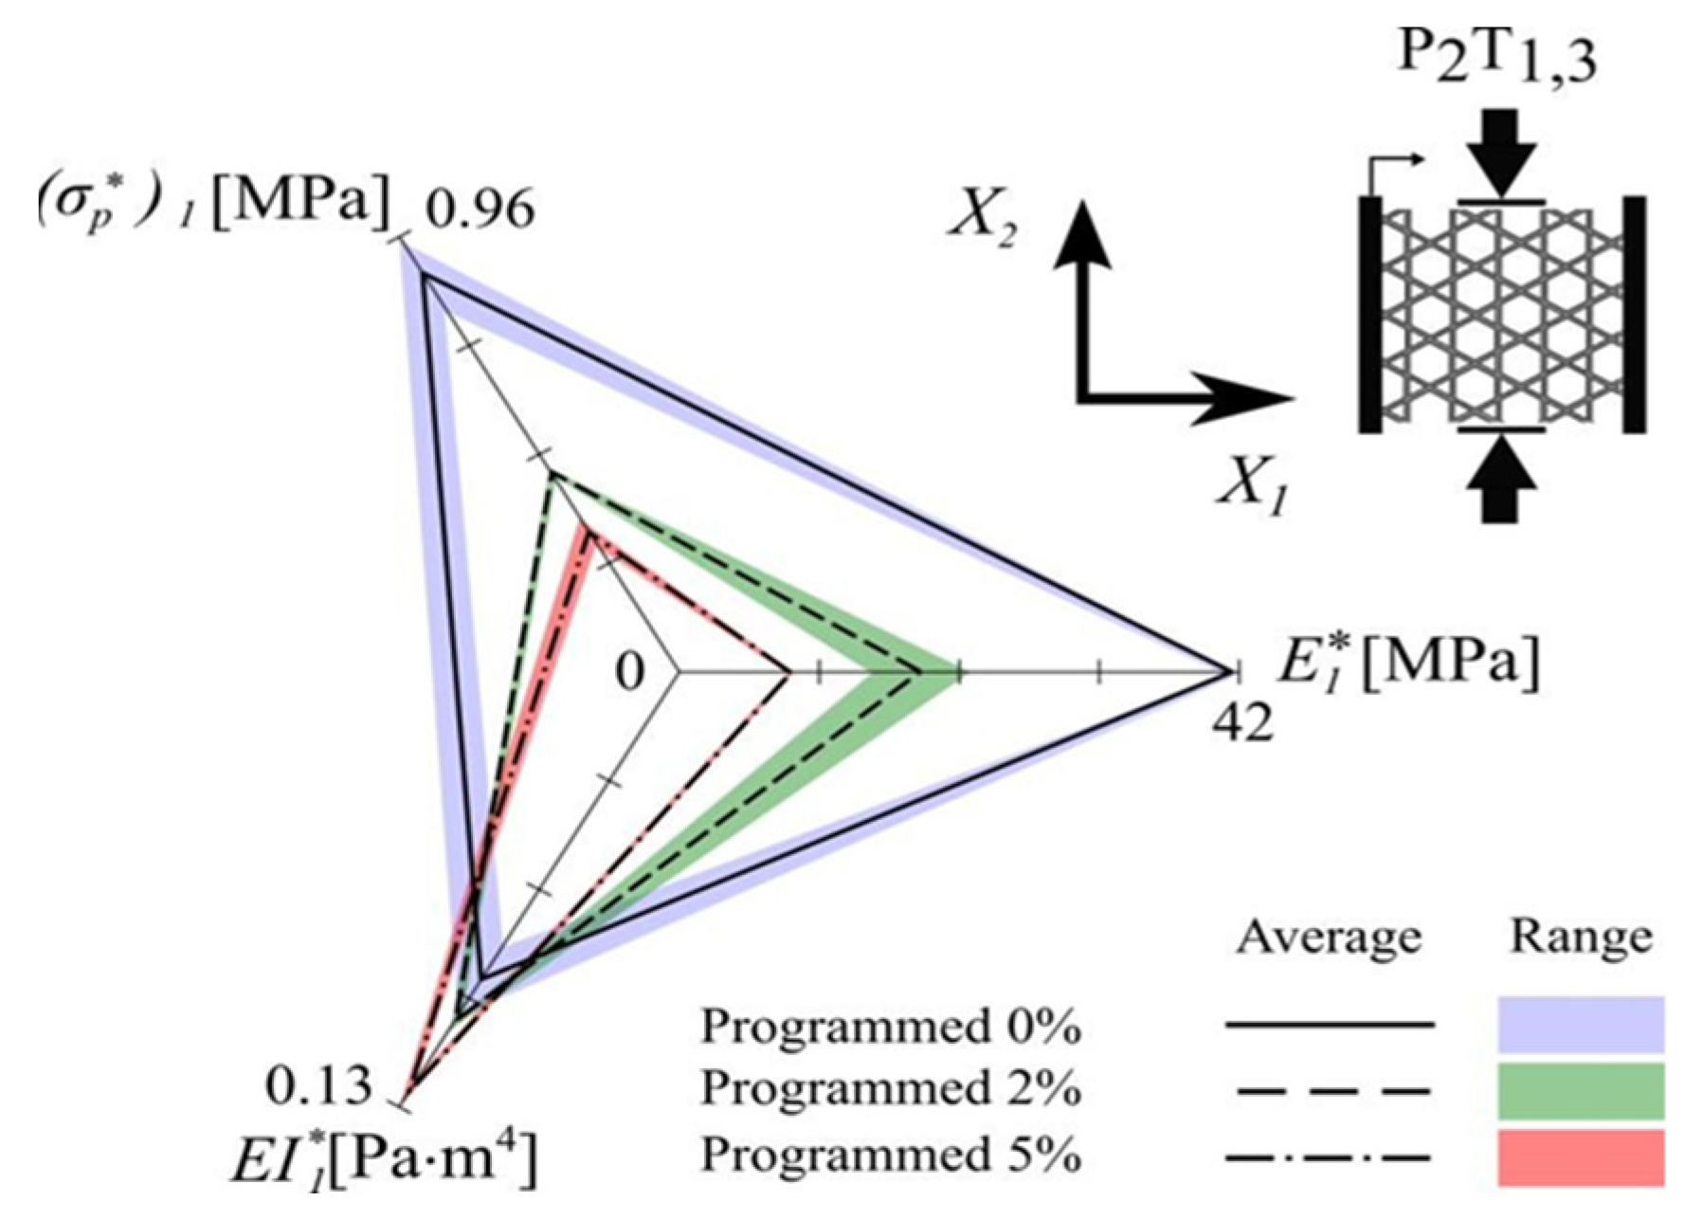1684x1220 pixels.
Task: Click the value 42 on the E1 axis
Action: [1241, 725]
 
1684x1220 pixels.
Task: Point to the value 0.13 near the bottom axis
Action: [318, 1086]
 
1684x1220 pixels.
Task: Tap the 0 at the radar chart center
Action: [630, 672]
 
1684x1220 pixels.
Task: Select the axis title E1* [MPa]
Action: [1407, 663]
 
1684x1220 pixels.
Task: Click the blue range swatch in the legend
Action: [1580, 1024]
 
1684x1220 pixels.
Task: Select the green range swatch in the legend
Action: [1580, 1091]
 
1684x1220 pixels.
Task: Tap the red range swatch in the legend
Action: [1580, 1156]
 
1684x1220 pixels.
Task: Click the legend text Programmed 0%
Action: [891, 1026]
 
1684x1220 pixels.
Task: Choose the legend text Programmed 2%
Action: [891, 1090]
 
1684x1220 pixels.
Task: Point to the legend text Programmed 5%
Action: [891, 1156]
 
